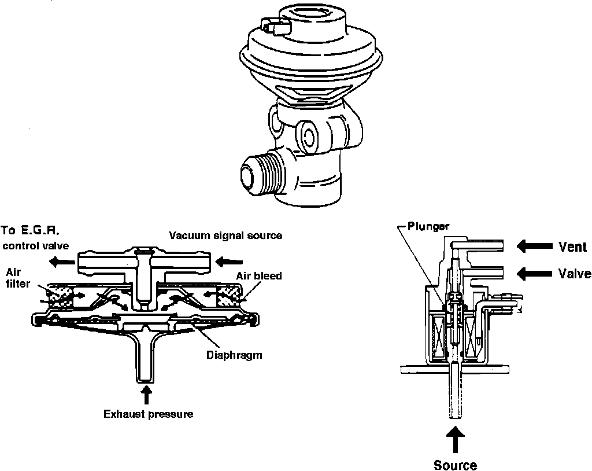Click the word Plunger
click(428, 226)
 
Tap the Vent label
click(572, 247)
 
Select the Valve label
click(575, 273)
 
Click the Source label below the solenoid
click(456, 465)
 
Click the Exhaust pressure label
click(148, 414)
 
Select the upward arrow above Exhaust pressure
click(147, 395)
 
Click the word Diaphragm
click(234, 355)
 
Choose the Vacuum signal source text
click(225, 235)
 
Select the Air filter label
click(16, 277)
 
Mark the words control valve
click(36, 245)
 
